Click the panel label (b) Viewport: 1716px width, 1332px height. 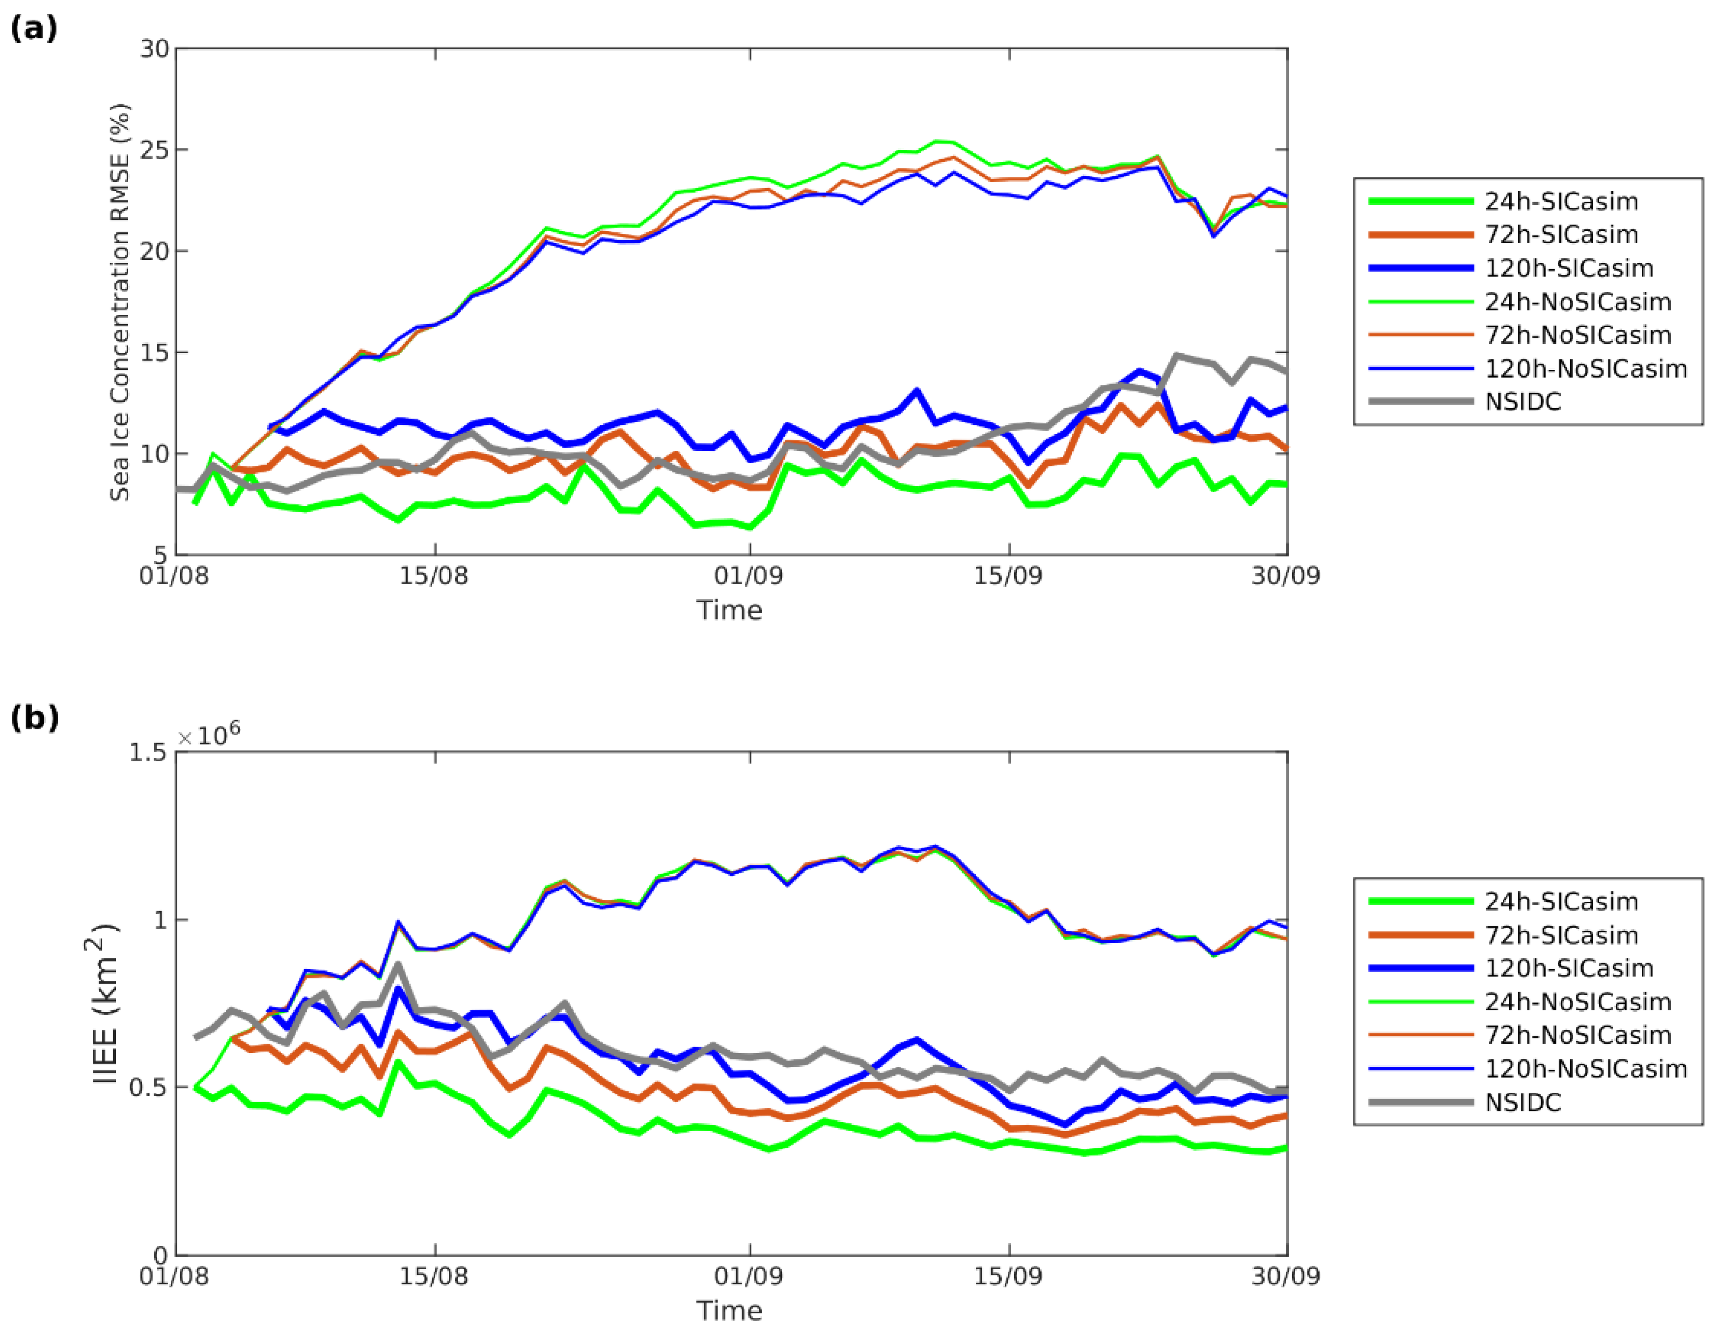[x=34, y=718]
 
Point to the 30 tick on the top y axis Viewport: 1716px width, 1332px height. [x=155, y=49]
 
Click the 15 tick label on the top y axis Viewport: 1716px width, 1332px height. [x=155, y=352]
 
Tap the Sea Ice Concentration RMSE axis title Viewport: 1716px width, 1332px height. [x=119, y=303]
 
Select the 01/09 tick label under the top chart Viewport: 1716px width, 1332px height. [x=749, y=576]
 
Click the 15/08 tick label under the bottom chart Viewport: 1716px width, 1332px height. [x=434, y=1276]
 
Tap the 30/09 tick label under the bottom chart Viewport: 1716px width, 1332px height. [x=1285, y=1276]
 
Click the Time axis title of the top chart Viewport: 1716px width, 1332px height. [x=729, y=610]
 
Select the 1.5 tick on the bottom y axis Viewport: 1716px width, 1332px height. [x=148, y=753]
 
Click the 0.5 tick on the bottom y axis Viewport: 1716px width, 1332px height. [x=148, y=1087]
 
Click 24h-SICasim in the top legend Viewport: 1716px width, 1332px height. [x=1560, y=202]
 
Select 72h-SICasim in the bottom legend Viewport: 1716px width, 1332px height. [x=1560, y=935]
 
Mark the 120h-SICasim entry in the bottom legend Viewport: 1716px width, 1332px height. [x=1568, y=968]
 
